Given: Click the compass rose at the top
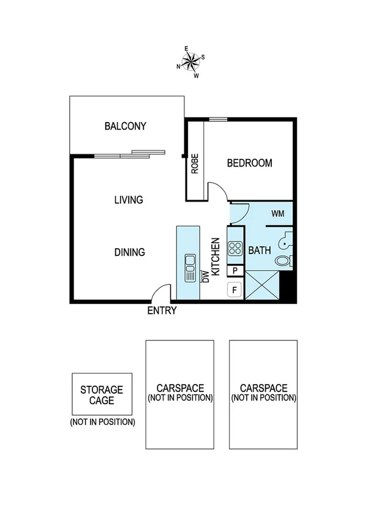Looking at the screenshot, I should [x=191, y=62].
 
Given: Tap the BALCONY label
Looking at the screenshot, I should [x=126, y=127].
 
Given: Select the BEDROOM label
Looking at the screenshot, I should [x=249, y=163].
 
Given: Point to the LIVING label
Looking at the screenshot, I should [x=129, y=200].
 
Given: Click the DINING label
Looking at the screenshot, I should [x=129, y=252].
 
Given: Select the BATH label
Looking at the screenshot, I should [x=259, y=251].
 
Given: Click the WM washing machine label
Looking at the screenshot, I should [x=278, y=214].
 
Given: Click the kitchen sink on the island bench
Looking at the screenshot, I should [x=189, y=265].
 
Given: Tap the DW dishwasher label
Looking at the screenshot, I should [x=206, y=277].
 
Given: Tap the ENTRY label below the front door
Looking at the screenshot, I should [x=162, y=311].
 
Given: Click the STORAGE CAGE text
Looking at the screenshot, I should [x=102, y=395].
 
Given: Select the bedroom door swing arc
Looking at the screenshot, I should [x=219, y=192].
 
